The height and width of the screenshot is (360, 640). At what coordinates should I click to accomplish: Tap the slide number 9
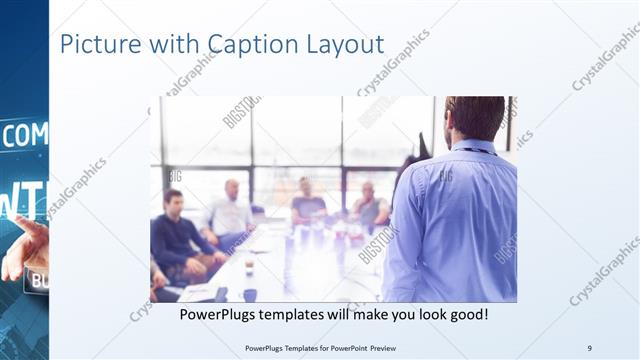(589, 348)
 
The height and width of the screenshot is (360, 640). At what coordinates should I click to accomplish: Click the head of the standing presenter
(474, 118)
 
